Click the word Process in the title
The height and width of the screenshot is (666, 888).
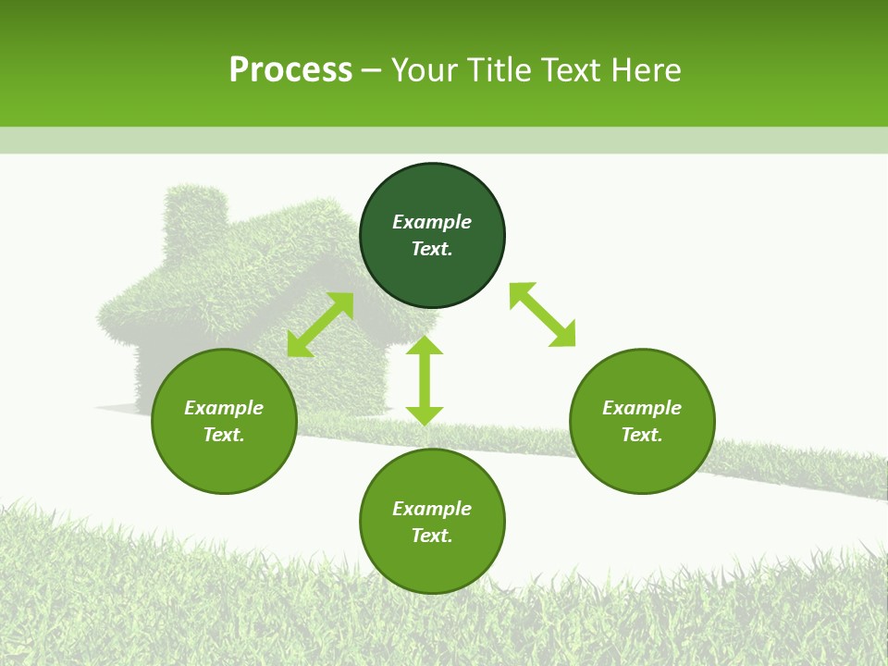point(290,70)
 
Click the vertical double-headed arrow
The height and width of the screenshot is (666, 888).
point(425,380)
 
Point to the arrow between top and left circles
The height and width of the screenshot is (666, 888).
point(320,325)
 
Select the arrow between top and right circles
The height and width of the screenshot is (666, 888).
point(542,314)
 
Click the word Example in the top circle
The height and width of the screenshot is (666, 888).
point(432,222)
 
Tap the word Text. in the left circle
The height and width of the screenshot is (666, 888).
point(224,435)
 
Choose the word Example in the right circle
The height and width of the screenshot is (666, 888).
point(642,408)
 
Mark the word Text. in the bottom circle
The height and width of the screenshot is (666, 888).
point(432,536)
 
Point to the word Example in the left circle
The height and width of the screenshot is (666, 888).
point(224,408)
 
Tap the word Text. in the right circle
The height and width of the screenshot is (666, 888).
point(642,435)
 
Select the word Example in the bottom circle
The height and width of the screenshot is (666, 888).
point(432,509)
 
